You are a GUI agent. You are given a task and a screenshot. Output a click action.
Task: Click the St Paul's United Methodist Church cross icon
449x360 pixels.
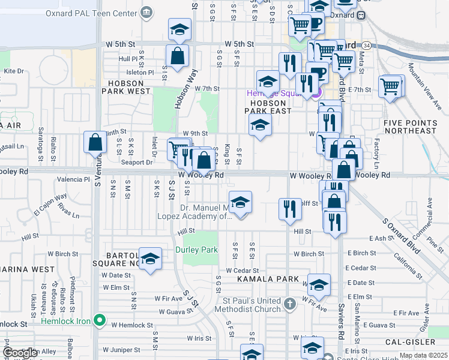tap(290, 304)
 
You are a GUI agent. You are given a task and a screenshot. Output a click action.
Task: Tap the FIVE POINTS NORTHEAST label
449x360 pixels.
tap(410, 127)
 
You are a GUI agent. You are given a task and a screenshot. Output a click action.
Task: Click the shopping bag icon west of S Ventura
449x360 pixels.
tap(95, 142)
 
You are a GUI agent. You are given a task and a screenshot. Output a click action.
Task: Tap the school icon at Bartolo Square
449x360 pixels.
tap(150, 258)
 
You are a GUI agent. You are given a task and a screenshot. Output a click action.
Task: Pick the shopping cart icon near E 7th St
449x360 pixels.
tap(390, 86)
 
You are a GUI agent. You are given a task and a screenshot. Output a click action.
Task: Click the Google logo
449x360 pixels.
tap(20, 353)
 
